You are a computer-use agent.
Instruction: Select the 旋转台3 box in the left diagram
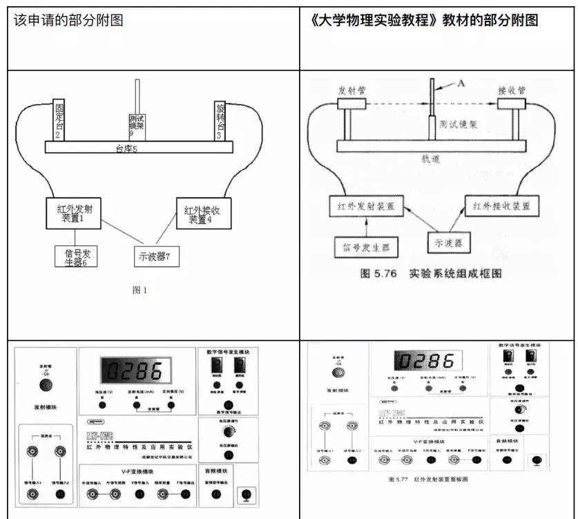pos(220,120)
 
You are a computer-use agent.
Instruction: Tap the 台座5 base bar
pos(139,147)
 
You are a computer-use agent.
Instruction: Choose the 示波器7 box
pos(153,256)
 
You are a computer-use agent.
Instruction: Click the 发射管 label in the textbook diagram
pos(351,91)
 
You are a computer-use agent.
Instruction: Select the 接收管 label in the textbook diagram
pos(512,91)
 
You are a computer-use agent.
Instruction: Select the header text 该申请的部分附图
pos(68,20)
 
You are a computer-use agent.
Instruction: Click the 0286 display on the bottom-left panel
pos(134,372)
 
